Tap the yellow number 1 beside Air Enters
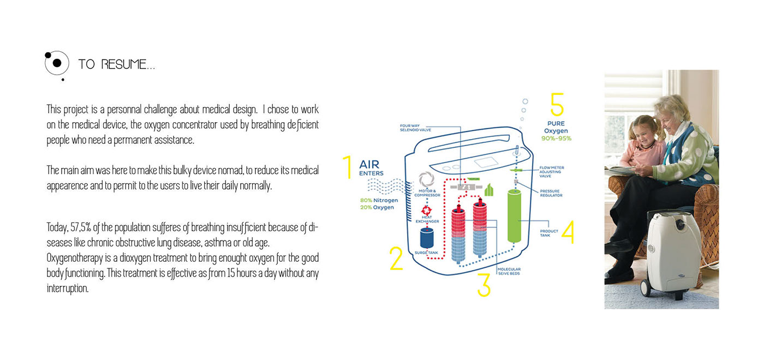coord(347,167)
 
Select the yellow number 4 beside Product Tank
coord(568,231)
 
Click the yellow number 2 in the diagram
coord(396,259)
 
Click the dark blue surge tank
coord(427,239)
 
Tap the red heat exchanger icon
coord(427,210)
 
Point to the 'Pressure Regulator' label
coord(550,193)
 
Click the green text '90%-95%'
coord(557,139)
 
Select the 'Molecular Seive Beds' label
coord(509,271)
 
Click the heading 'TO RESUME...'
coord(116,64)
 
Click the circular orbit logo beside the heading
coord(57,63)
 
